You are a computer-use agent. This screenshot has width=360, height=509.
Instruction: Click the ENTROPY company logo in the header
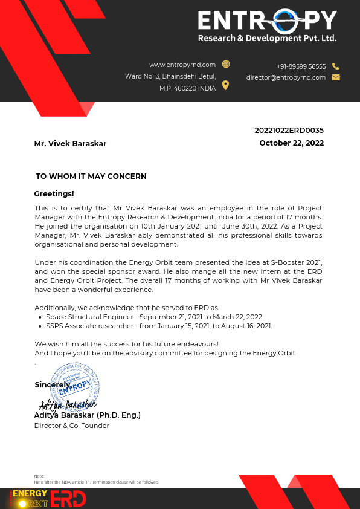(267, 27)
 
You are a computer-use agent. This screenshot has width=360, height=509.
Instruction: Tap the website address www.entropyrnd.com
(182, 65)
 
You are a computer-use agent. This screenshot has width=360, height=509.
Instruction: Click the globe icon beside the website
(226, 64)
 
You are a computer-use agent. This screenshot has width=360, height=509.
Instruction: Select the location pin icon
(225, 85)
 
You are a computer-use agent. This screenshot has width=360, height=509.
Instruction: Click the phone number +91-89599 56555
(301, 66)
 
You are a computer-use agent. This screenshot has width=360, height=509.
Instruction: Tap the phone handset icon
(336, 66)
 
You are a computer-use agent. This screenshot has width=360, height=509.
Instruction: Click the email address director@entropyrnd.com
(286, 77)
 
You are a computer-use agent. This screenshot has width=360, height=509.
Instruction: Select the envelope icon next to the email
(336, 77)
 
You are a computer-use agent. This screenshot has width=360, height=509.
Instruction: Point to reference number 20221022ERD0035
(289, 130)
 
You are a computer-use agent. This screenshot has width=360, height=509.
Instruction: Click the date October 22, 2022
(291, 143)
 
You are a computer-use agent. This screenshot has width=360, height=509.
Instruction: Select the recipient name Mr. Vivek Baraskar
(70, 144)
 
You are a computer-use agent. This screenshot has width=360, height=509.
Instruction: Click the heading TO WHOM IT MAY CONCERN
(91, 177)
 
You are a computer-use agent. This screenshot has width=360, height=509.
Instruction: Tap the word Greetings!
(54, 194)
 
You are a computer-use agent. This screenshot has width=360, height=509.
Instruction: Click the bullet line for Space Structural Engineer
(153, 317)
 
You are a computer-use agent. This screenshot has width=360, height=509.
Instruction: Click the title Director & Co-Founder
(71, 426)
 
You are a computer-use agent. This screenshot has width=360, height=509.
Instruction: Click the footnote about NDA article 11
(96, 482)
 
